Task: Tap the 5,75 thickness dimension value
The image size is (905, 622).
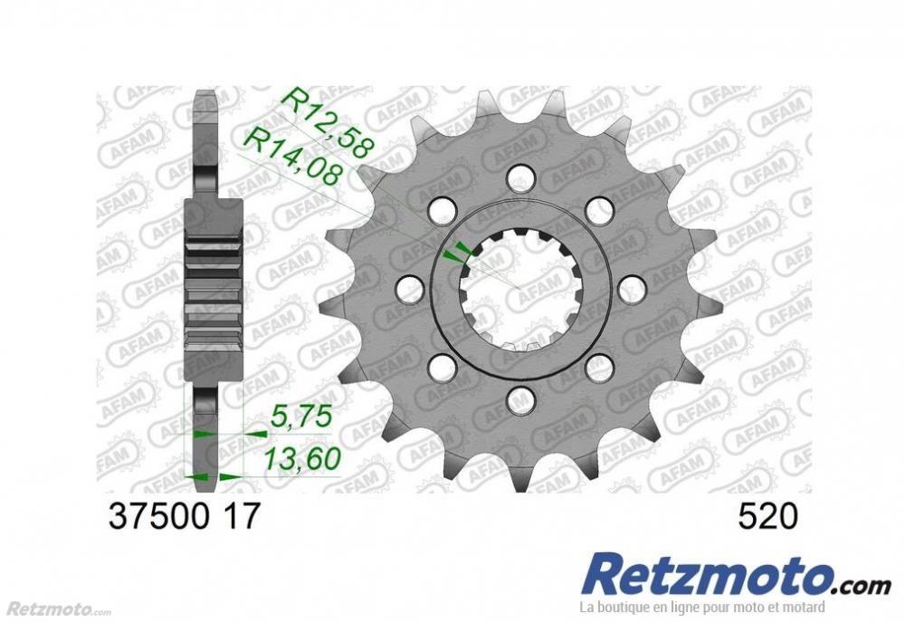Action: pos(300,416)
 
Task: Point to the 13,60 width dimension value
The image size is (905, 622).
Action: pos(301,459)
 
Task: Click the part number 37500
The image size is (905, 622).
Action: pos(159,516)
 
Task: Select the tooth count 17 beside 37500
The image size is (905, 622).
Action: pos(242,516)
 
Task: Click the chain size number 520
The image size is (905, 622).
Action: pos(768,516)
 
